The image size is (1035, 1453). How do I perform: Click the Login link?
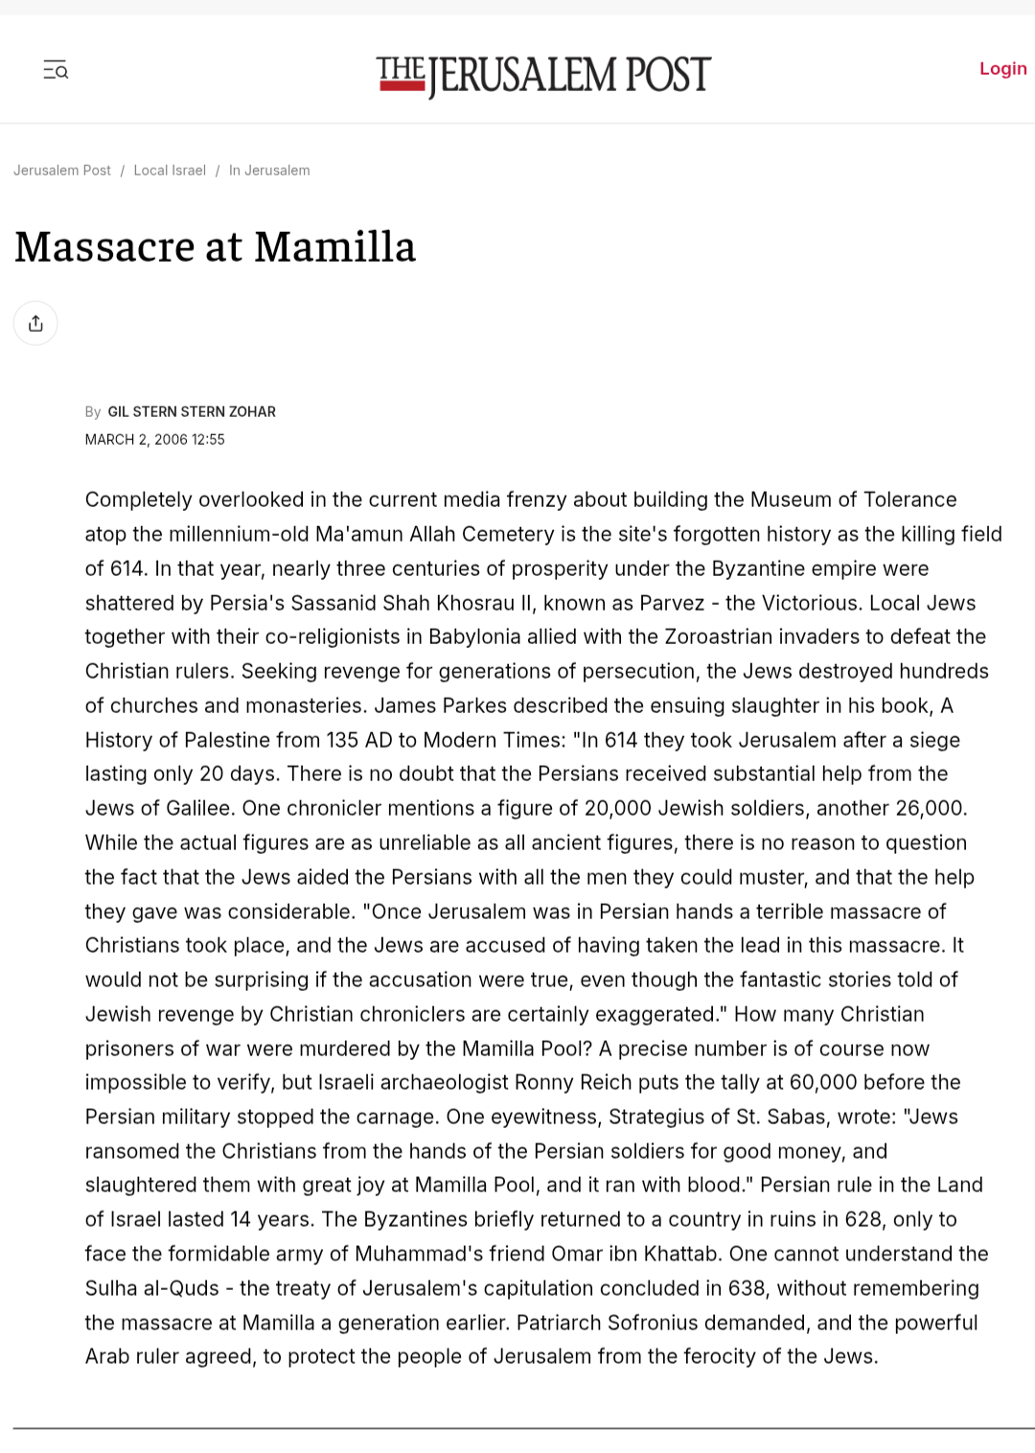coord(1002,69)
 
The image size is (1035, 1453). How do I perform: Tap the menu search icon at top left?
coord(56,70)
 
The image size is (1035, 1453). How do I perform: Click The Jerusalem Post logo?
coord(543,76)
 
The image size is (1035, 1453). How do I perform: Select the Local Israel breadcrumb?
coord(170,171)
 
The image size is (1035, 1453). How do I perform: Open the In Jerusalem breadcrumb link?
coord(269,171)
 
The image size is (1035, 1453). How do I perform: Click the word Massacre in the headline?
coord(104,247)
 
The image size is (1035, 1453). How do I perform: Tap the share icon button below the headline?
coord(35,324)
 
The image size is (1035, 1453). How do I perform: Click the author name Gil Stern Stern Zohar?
coord(192,412)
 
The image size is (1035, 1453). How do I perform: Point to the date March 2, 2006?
coord(136,440)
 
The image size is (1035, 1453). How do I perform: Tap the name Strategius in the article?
coord(660,1118)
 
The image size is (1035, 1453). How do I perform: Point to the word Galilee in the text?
coord(197,809)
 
